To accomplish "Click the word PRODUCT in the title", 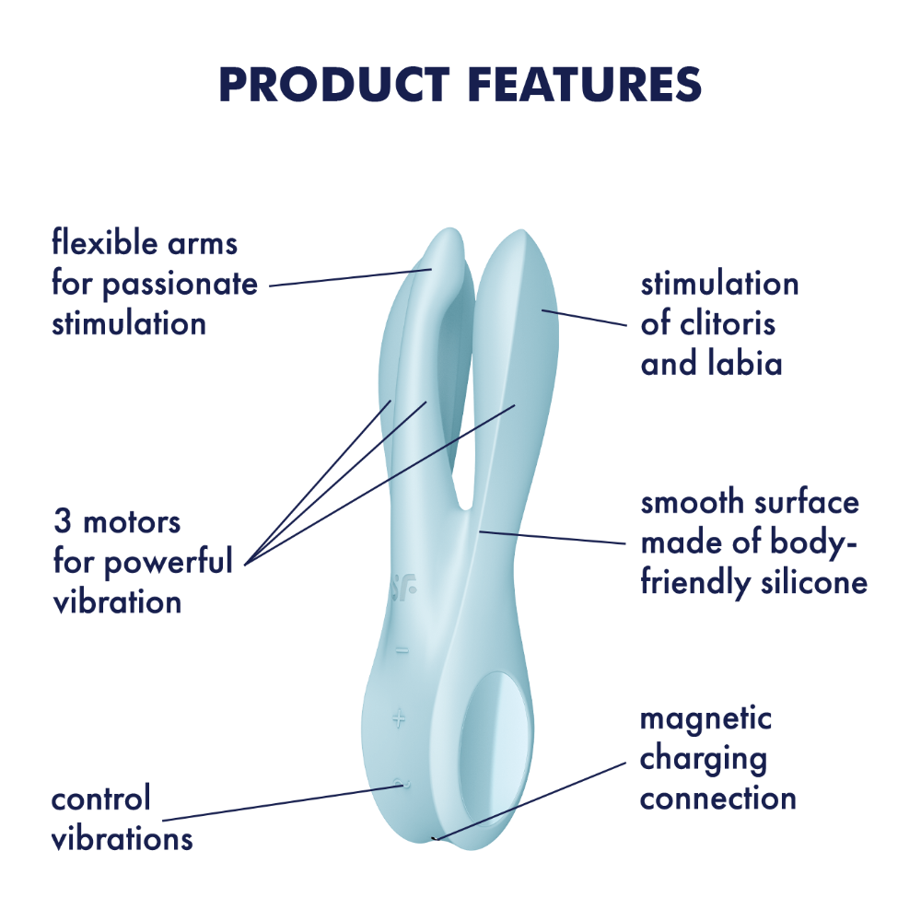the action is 334,84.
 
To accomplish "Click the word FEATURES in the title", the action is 586,84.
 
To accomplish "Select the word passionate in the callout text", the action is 181,285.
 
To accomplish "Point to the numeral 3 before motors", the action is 63,520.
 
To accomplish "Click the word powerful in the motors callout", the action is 168,561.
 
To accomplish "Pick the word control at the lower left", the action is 101,799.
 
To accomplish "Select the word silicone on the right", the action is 814,582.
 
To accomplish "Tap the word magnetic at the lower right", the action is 705,720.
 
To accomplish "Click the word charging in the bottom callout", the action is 703,760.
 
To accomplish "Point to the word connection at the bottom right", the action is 717,799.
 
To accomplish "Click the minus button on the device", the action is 402,650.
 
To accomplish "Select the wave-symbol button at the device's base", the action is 402,784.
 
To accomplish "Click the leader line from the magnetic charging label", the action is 529,801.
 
